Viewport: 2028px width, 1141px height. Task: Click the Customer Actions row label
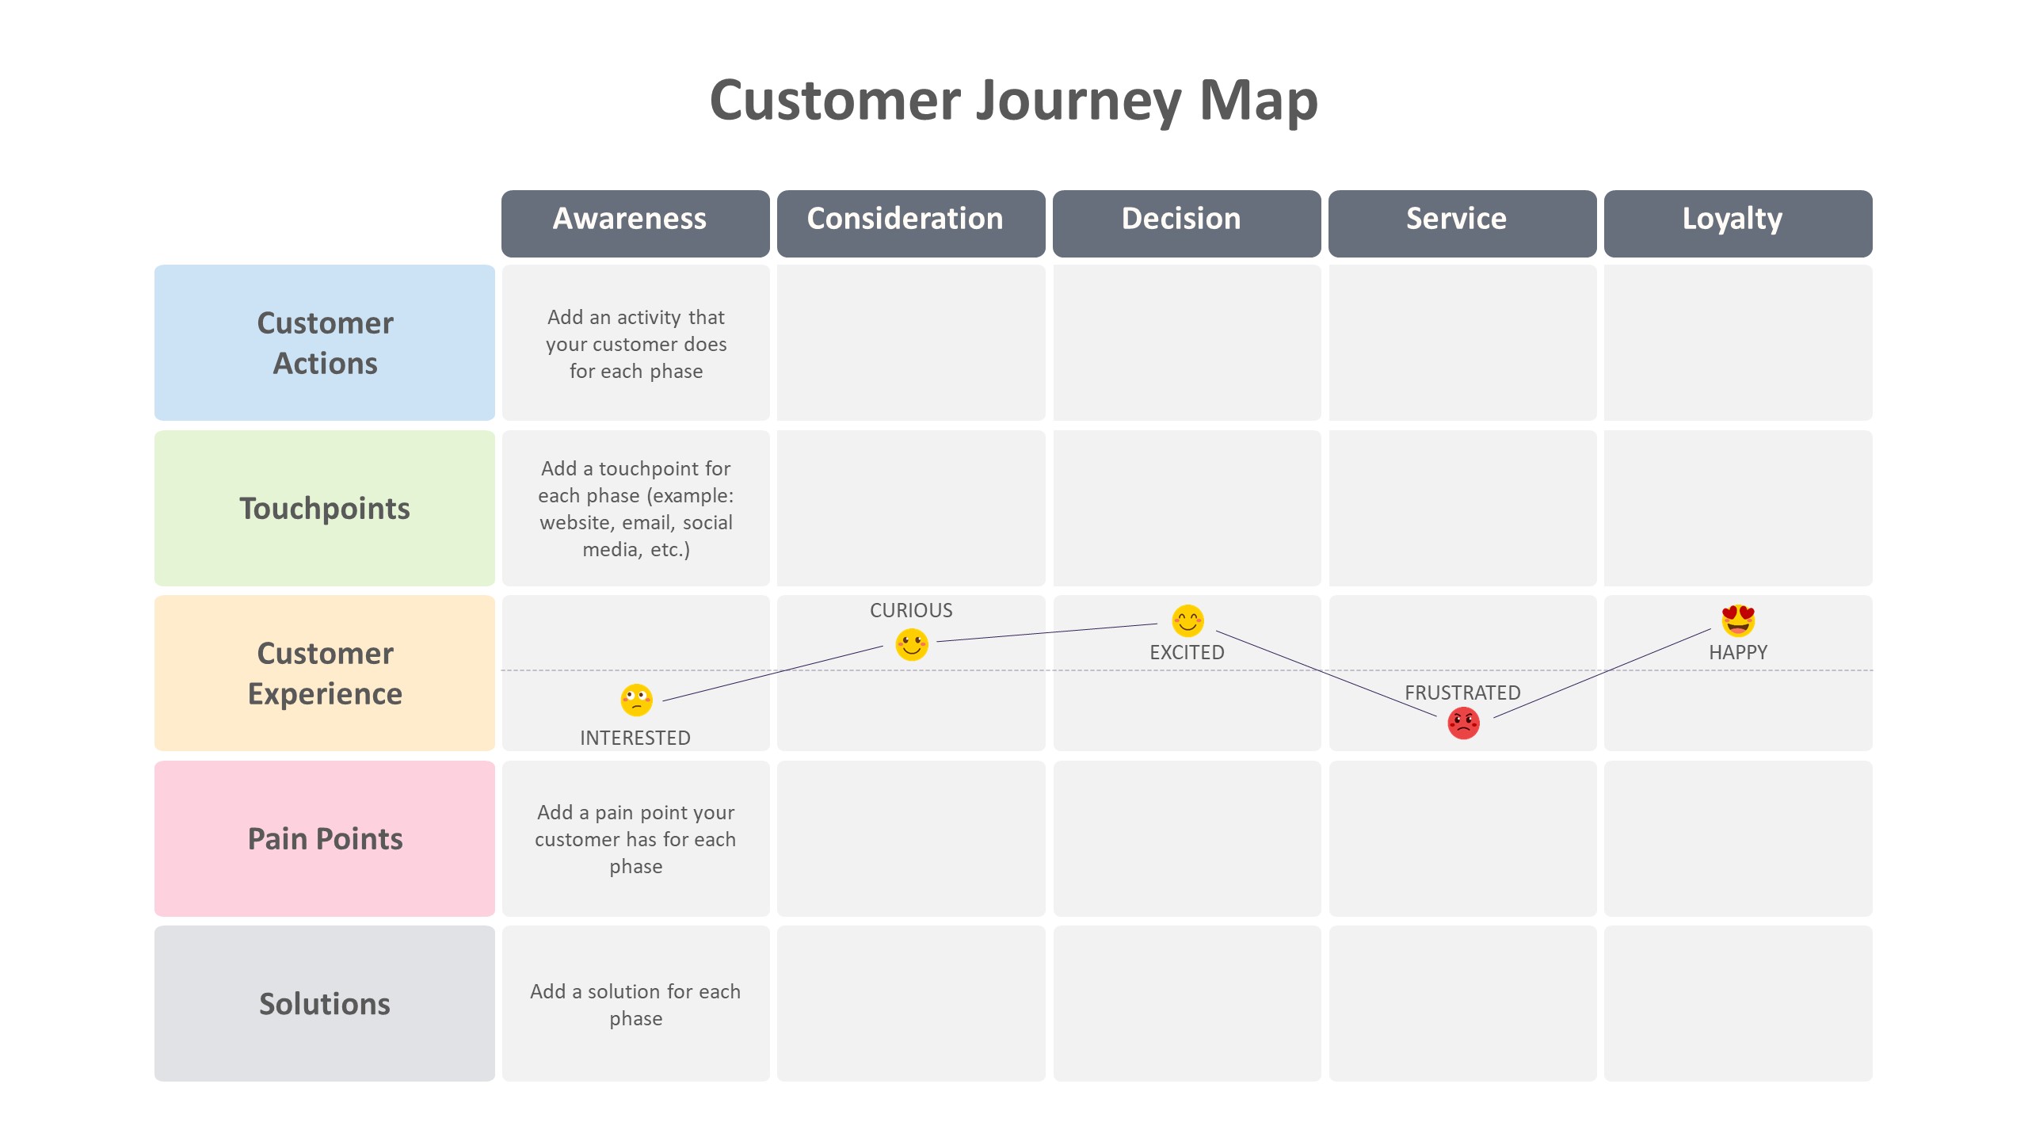(325, 342)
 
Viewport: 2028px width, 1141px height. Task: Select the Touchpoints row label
(325, 508)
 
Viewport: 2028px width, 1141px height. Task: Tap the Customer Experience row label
(325, 673)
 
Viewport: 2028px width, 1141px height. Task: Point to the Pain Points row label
(325, 838)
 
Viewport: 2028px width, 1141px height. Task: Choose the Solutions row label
(325, 1003)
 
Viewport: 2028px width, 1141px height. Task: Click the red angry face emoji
(1463, 723)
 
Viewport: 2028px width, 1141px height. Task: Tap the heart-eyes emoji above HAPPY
(1738, 620)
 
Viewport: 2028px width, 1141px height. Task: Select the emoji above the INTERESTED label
(636, 700)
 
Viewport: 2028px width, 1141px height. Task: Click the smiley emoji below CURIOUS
(911, 644)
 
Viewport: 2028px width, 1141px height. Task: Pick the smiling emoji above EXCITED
(1187, 620)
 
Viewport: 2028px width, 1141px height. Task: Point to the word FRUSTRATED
(1462, 693)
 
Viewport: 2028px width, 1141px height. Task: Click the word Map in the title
(1258, 101)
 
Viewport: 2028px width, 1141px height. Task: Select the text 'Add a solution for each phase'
(635, 1004)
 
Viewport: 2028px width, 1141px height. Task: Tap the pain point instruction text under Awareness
(635, 839)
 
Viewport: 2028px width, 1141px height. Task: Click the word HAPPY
(1738, 652)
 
